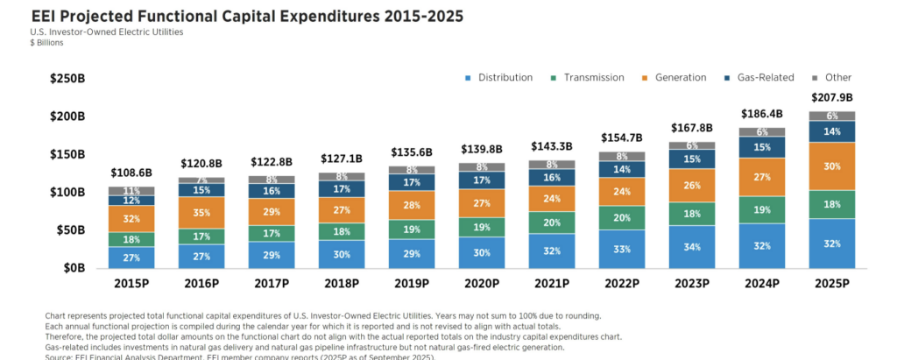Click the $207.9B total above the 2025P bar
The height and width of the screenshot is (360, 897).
[831, 98]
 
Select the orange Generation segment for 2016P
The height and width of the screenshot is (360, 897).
[201, 213]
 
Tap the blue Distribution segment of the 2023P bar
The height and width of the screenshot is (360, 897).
[691, 246]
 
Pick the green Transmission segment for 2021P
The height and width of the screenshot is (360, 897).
[552, 222]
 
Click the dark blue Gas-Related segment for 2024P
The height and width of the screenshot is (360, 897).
[761, 147]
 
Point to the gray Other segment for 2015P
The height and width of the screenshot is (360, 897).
[131, 190]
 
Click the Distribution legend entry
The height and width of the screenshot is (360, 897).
[499, 77]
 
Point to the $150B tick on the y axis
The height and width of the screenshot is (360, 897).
[67, 154]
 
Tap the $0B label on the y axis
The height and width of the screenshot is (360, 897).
[74, 268]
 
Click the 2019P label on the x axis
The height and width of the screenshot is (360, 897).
[412, 285]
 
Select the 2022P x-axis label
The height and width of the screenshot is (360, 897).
[622, 285]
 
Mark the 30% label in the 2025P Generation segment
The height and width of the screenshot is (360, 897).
[831, 166]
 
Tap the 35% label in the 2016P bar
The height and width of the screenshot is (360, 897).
[201, 212]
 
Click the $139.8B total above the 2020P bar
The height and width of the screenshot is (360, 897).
[482, 151]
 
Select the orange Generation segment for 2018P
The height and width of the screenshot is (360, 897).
[342, 209]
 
